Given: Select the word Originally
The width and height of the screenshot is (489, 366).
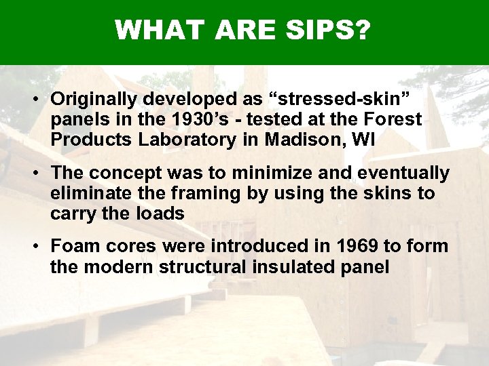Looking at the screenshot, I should (92, 99).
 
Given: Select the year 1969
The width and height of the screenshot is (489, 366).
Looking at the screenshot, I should (334, 246).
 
